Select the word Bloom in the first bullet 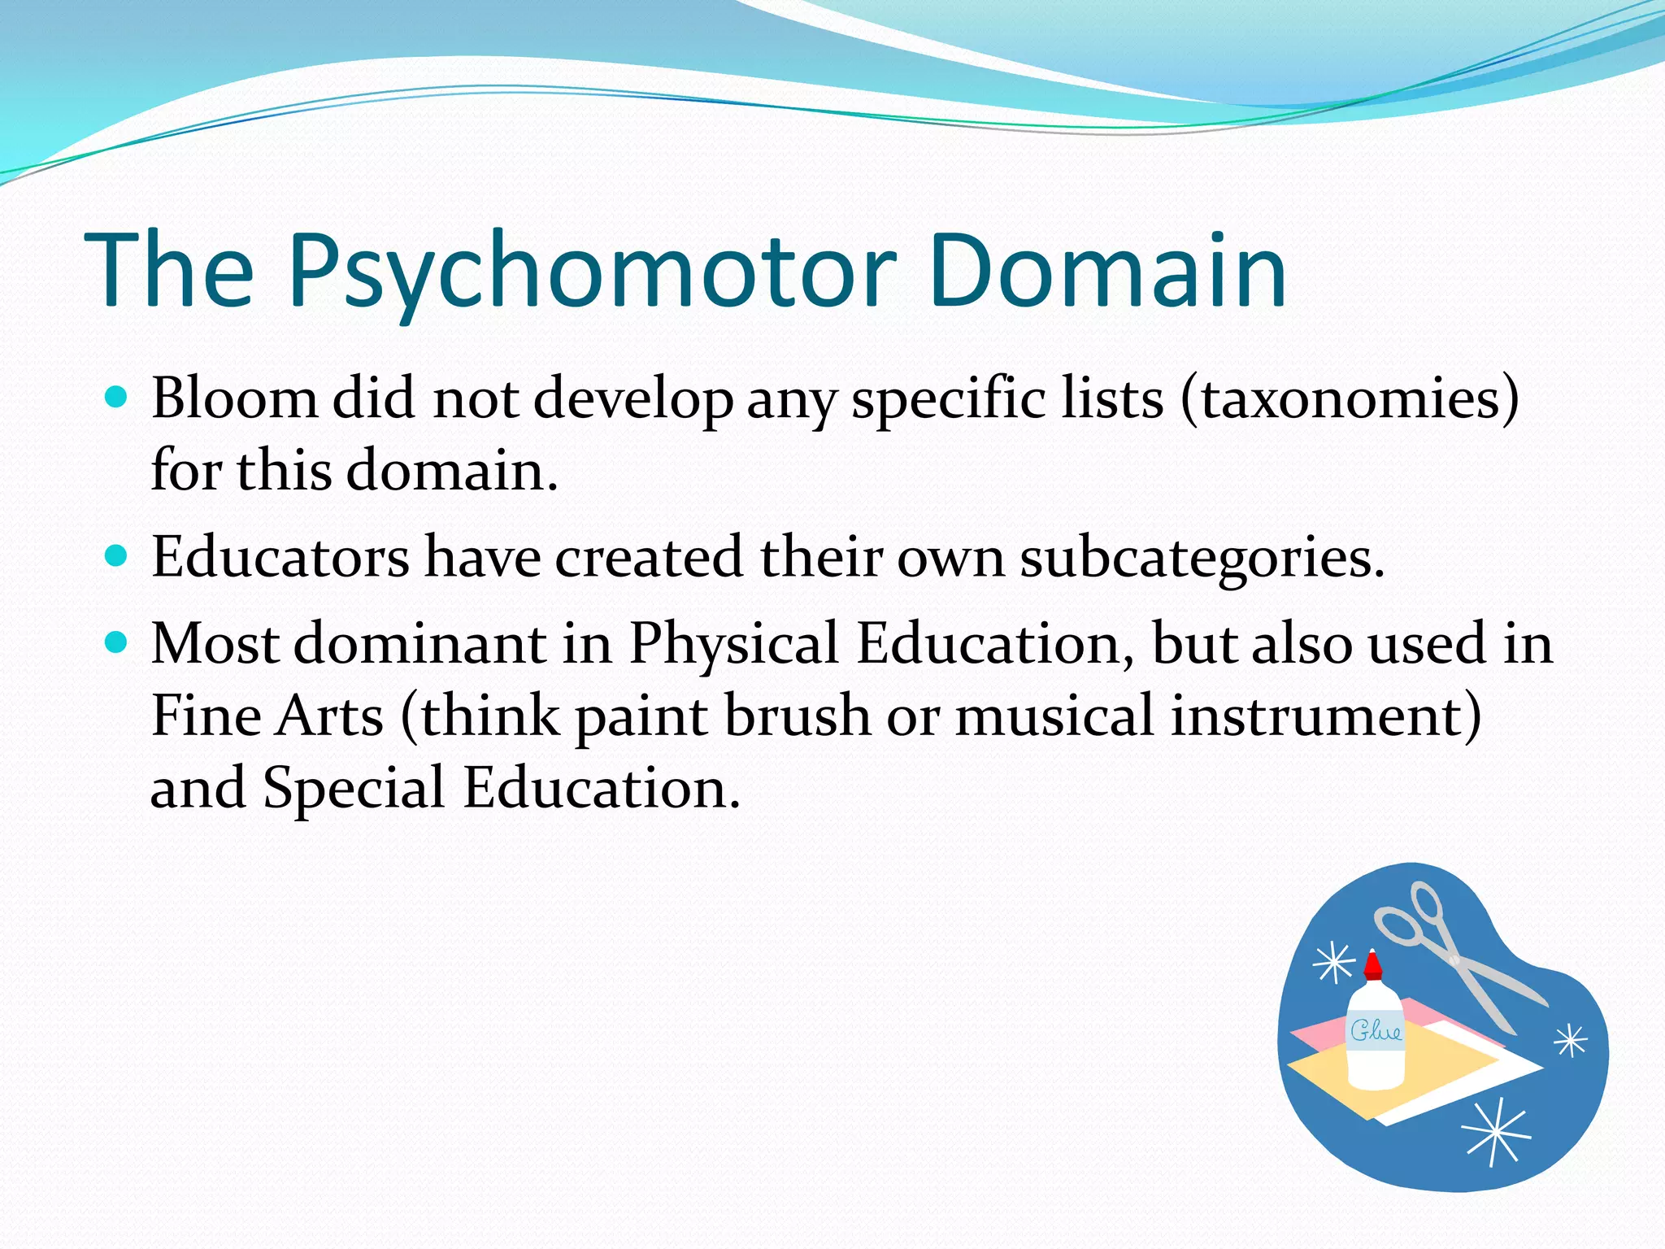point(234,398)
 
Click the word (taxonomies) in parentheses point(1350,398)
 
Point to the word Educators point(280,558)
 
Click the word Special point(354,788)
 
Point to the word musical point(1054,716)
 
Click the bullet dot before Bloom point(117,397)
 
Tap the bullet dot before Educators point(117,556)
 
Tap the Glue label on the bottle point(1376,1031)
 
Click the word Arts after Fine point(329,716)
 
